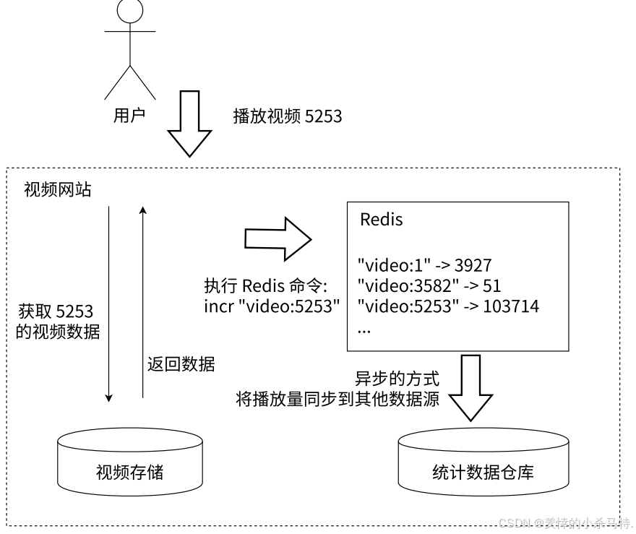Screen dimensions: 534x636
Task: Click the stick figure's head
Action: point(129,11)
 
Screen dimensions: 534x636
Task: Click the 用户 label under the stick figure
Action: point(129,115)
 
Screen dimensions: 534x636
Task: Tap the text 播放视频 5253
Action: point(287,116)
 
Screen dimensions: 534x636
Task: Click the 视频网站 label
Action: point(58,190)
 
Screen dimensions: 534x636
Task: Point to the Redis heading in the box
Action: point(381,220)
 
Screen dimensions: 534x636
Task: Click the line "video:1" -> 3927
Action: point(425,265)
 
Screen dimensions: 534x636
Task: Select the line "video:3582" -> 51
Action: point(429,285)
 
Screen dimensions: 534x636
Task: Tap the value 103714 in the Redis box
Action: point(510,306)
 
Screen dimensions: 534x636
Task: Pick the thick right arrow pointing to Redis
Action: point(278,238)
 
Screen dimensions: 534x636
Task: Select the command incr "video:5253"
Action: point(272,306)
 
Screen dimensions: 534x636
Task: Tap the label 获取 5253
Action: point(56,312)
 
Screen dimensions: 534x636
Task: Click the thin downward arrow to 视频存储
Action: point(108,303)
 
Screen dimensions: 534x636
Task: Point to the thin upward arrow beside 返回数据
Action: point(142,303)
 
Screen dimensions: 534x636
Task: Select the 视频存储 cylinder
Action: point(129,462)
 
